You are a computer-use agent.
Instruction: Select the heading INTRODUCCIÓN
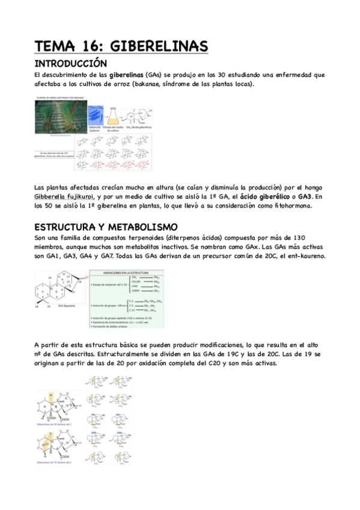(70, 63)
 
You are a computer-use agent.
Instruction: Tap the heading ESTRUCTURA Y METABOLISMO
(106, 227)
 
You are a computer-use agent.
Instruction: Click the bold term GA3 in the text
(304, 196)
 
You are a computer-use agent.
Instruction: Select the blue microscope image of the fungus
(96, 115)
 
